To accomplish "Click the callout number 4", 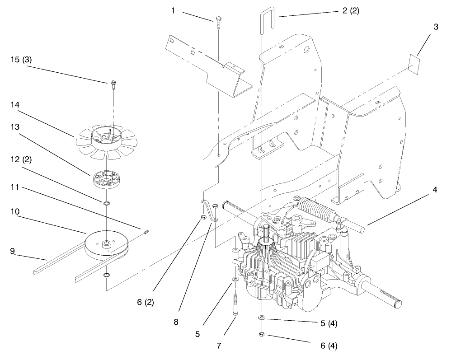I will (x=434, y=189).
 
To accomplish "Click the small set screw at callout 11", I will (x=146, y=233).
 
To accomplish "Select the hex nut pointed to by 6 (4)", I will (x=262, y=335).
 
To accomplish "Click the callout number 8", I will (x=176, y=322).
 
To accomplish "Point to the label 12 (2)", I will (x=21, y=159).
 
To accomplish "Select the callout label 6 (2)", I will (x=146, y=302).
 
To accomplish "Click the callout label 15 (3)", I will (x=21, y=59).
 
